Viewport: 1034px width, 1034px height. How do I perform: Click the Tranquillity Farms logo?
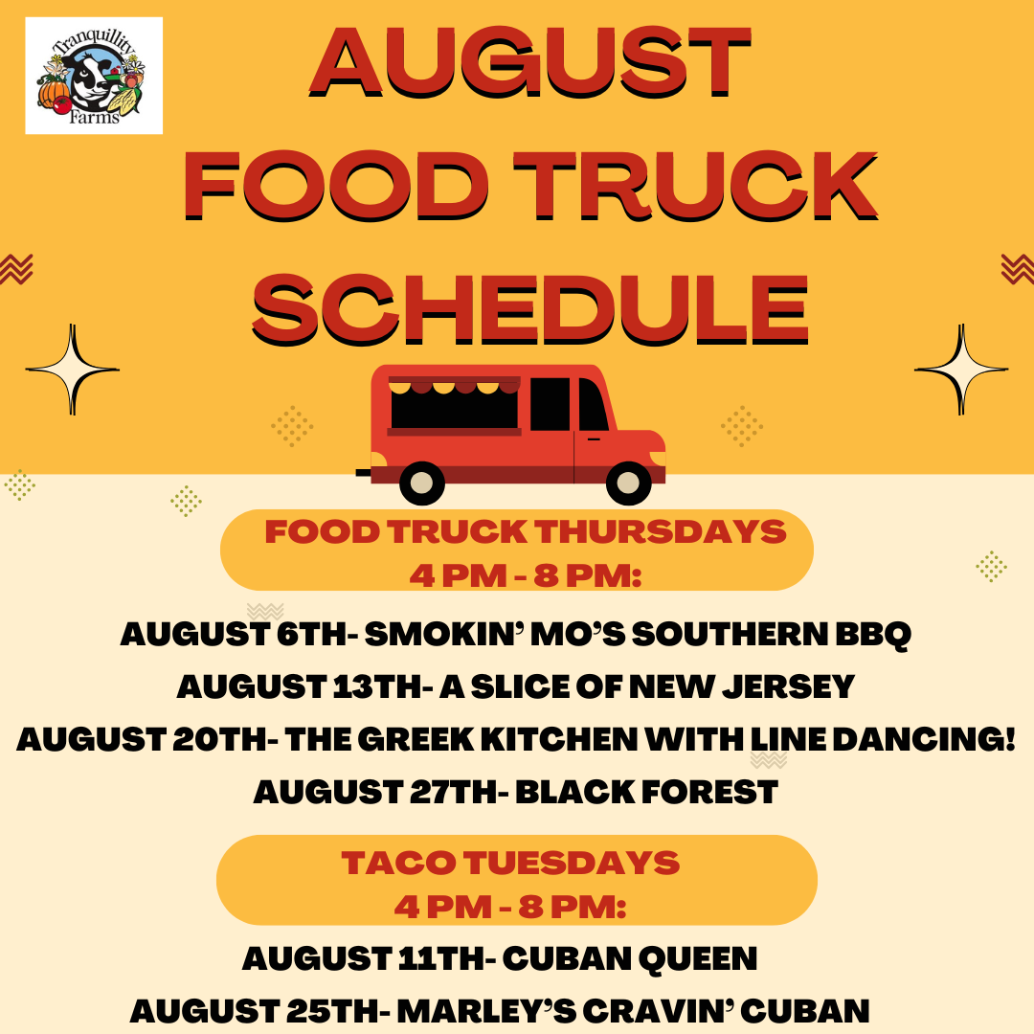[x=94, y=76]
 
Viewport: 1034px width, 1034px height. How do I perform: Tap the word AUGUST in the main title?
[x=530, y=61]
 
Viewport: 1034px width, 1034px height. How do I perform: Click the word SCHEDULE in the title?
[x=530, y=309]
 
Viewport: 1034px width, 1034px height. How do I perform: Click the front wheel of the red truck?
[x=628, y=483]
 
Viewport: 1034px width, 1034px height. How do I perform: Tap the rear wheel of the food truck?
[x=422, y=483]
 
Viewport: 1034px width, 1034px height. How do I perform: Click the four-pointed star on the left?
[x=73, y=370]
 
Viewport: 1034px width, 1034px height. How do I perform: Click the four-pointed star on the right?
[x=961, y=370]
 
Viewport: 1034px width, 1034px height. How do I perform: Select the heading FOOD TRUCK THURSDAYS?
[x=526, y=531]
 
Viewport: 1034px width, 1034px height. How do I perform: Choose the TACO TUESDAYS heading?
[x=510, y=863]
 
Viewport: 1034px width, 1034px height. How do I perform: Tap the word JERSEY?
[x=788, y=686]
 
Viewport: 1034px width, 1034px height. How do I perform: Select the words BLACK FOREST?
[x=646, y=792]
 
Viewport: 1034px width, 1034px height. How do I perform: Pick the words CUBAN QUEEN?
[x=630, y=958]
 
